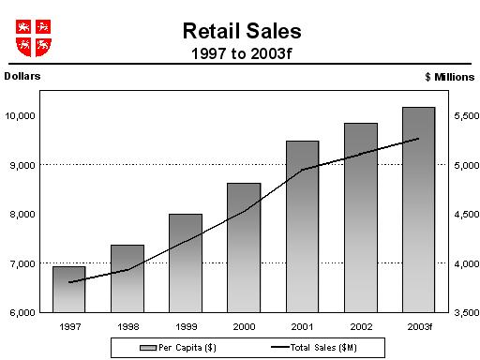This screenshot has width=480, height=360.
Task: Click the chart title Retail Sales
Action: (242, 31)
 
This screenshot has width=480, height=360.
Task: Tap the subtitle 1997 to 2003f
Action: (242, 52)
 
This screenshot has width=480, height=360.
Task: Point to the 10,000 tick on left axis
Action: (21, 115)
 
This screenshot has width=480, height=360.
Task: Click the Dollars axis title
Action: (23, 74)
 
